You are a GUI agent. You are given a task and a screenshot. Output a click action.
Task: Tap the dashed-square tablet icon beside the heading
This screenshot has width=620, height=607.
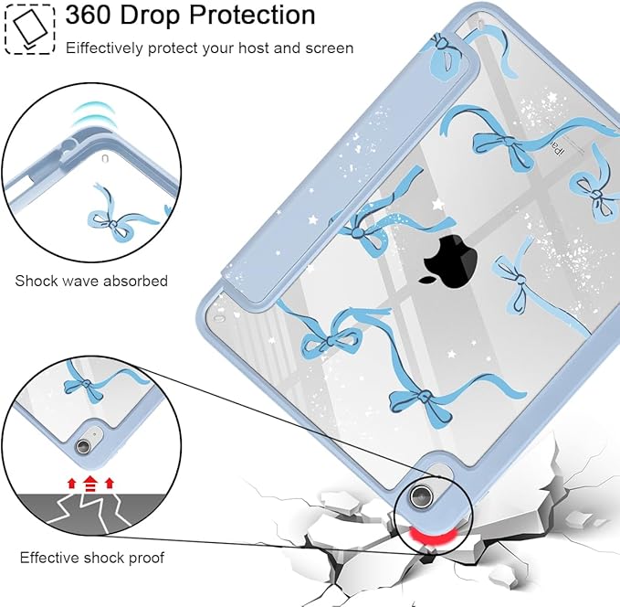point(29,29)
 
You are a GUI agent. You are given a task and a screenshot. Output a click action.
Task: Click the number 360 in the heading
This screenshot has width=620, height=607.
point(88,15)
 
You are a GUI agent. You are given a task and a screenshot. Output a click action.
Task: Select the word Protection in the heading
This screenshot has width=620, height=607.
point(252,15)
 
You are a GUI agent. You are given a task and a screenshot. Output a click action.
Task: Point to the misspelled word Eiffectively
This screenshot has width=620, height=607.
point(104,48)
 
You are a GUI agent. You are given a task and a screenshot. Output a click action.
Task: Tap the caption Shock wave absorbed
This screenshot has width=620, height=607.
point(91,281)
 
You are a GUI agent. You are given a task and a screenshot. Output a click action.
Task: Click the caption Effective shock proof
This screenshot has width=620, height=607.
point(92,558)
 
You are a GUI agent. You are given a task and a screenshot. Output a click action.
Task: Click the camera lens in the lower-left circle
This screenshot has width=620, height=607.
point(83,446)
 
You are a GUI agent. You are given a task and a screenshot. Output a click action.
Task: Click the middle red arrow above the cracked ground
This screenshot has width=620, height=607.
point(90,484)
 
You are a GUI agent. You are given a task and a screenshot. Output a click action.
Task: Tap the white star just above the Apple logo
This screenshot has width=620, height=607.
point(437,204)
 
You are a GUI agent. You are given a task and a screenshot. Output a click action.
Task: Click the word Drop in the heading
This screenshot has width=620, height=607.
point(150,15)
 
